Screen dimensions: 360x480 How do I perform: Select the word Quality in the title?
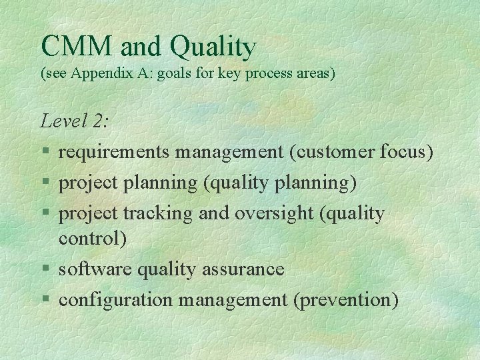213,47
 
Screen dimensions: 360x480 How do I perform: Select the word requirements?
115,153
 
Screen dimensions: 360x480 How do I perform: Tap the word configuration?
115,300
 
